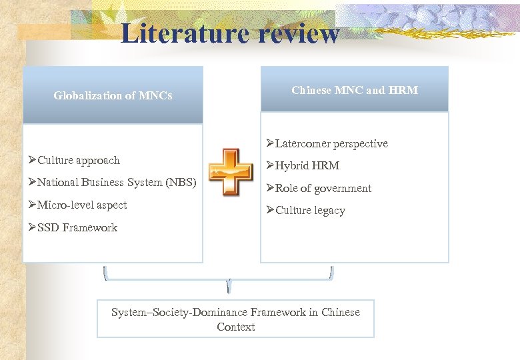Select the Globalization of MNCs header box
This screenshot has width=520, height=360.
click(113, 95)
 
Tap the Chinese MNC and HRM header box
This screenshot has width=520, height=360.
click(354, 89)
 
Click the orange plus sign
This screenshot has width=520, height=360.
click(230, 171)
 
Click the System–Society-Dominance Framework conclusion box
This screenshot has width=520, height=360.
click(235, 319)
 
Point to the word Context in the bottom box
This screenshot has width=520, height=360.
click(235, 327)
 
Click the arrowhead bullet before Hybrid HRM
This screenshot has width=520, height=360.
click(270, 165)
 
